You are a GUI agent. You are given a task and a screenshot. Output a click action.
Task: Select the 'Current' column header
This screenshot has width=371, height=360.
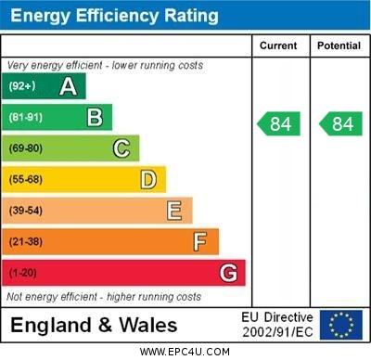(278, 45)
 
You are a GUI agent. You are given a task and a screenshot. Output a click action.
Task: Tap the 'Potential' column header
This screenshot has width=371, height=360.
(339, 45)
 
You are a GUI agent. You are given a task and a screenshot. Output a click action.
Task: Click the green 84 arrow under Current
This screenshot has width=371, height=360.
(279, 123)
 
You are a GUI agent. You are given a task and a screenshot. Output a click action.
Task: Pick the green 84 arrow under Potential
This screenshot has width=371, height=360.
(340, 123)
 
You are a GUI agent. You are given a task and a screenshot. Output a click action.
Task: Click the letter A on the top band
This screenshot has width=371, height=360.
(68, 86)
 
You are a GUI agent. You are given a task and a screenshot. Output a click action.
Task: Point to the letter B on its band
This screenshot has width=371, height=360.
(95, 117)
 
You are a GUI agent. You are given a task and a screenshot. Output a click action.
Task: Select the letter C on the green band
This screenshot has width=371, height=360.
(121, 148)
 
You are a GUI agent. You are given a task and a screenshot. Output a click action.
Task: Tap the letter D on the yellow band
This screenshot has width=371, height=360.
(147, 179)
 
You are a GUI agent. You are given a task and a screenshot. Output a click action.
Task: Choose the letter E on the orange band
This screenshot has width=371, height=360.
(174, 211)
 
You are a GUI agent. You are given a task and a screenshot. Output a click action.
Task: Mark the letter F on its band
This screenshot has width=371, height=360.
(199, 242)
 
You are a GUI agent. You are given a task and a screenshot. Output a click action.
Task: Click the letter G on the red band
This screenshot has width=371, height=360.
(228, 273)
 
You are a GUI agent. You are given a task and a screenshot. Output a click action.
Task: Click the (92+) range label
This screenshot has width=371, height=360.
(22, 86)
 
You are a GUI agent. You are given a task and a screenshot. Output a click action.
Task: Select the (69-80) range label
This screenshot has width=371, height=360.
(26, 148)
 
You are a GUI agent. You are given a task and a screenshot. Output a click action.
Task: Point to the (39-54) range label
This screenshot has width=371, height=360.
(26, 211)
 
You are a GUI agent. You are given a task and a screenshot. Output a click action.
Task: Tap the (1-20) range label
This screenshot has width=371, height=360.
(22, 274)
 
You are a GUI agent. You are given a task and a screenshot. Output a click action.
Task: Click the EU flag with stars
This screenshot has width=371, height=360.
(341, 325)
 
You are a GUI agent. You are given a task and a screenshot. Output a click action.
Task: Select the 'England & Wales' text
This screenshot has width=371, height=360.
(94, 326)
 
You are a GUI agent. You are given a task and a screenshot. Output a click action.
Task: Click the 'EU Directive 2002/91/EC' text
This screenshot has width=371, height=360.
(277, 325)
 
